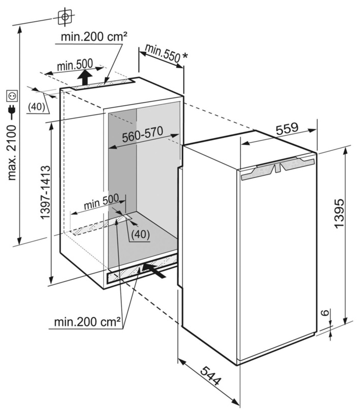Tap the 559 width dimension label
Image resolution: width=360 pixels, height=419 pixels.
tap(287, 129)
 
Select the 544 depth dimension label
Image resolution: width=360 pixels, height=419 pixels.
tap(211, 376)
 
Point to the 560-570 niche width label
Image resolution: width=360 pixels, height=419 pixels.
tap(143, 135)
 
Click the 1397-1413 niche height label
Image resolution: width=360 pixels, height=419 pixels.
tap(45, 192)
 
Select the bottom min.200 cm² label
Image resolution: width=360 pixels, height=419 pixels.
tap(87, 322)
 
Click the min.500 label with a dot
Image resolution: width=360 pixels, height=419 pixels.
tap(74, 65)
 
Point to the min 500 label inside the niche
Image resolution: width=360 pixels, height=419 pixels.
tap(101, 202)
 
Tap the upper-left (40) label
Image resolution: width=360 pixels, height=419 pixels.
tap(36, 107)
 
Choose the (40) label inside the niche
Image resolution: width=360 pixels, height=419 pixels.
tap(141, 234)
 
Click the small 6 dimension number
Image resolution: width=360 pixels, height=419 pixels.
tap(325, 313)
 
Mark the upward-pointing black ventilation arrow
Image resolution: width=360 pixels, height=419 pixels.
tap(85, 77)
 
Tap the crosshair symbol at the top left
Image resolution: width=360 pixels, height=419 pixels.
tap(65, 17)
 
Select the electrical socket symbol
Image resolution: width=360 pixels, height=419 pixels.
tap(13, 96)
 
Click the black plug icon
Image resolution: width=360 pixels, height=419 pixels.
tap(12, 112)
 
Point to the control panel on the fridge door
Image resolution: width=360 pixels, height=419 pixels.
tap(278, 169)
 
